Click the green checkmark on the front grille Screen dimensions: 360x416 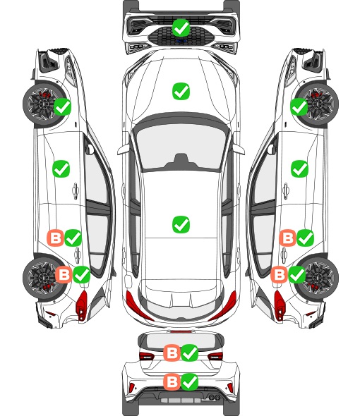pos(181,27)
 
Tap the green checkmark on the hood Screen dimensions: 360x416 pos(181,91)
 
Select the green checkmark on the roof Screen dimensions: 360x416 pos(181,224)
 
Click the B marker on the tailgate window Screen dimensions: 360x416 pos(172,353)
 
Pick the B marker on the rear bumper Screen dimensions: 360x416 pos(172,381)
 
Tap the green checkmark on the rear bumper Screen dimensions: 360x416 pos(190,381)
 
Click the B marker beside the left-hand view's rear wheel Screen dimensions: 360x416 pos(64,274)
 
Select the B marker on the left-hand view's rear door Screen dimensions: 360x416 pos(55,238)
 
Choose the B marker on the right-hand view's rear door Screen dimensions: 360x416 pos(288,238)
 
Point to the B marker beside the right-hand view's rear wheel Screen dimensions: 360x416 pos(280,274)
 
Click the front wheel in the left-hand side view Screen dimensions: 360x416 pos(41,104)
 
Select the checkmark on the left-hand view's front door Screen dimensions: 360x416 pos(61,169)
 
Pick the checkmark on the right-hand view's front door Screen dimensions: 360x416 pos(300,169)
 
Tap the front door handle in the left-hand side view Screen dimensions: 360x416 pos(76,190)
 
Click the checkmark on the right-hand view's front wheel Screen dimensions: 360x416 pos(299,106)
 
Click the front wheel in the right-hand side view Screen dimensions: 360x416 pos(319,104)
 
